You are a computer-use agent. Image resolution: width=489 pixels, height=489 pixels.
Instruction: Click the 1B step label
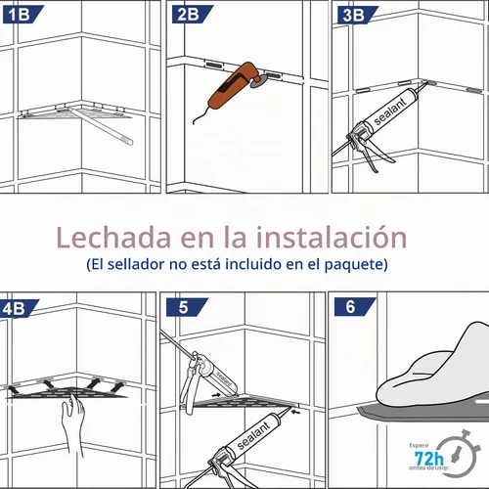(x=22, y=15)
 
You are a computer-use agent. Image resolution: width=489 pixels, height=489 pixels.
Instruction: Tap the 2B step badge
(x=191, y=15)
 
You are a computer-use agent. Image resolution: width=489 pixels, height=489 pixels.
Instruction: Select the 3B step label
(x=356, y=15)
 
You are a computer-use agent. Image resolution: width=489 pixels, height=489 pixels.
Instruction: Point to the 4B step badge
(x=17, y=308)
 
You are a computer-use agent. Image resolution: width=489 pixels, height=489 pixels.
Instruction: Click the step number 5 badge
(x=186, y=307)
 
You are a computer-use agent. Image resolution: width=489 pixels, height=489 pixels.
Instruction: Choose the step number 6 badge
(x=354, y=307)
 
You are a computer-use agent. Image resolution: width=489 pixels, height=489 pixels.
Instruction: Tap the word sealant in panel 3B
(x=390, y=111)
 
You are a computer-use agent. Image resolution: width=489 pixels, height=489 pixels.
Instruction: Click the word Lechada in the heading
(x=113, y=237)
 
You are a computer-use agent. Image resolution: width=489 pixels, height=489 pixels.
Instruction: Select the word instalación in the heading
(x=332, y=237)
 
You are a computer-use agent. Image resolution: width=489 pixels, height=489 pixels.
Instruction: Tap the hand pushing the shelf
(x=73, y=423)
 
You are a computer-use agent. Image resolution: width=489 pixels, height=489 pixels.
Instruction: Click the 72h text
(x=428, y=459)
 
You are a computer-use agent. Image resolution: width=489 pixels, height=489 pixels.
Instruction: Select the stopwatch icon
(x=459, y=454)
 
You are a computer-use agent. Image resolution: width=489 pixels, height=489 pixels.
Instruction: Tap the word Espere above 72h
(x=419, y=445)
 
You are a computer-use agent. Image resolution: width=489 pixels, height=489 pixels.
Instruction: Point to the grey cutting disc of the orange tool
(x=258, y=81)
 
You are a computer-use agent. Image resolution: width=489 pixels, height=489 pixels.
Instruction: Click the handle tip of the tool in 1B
(x=129, y=141)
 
